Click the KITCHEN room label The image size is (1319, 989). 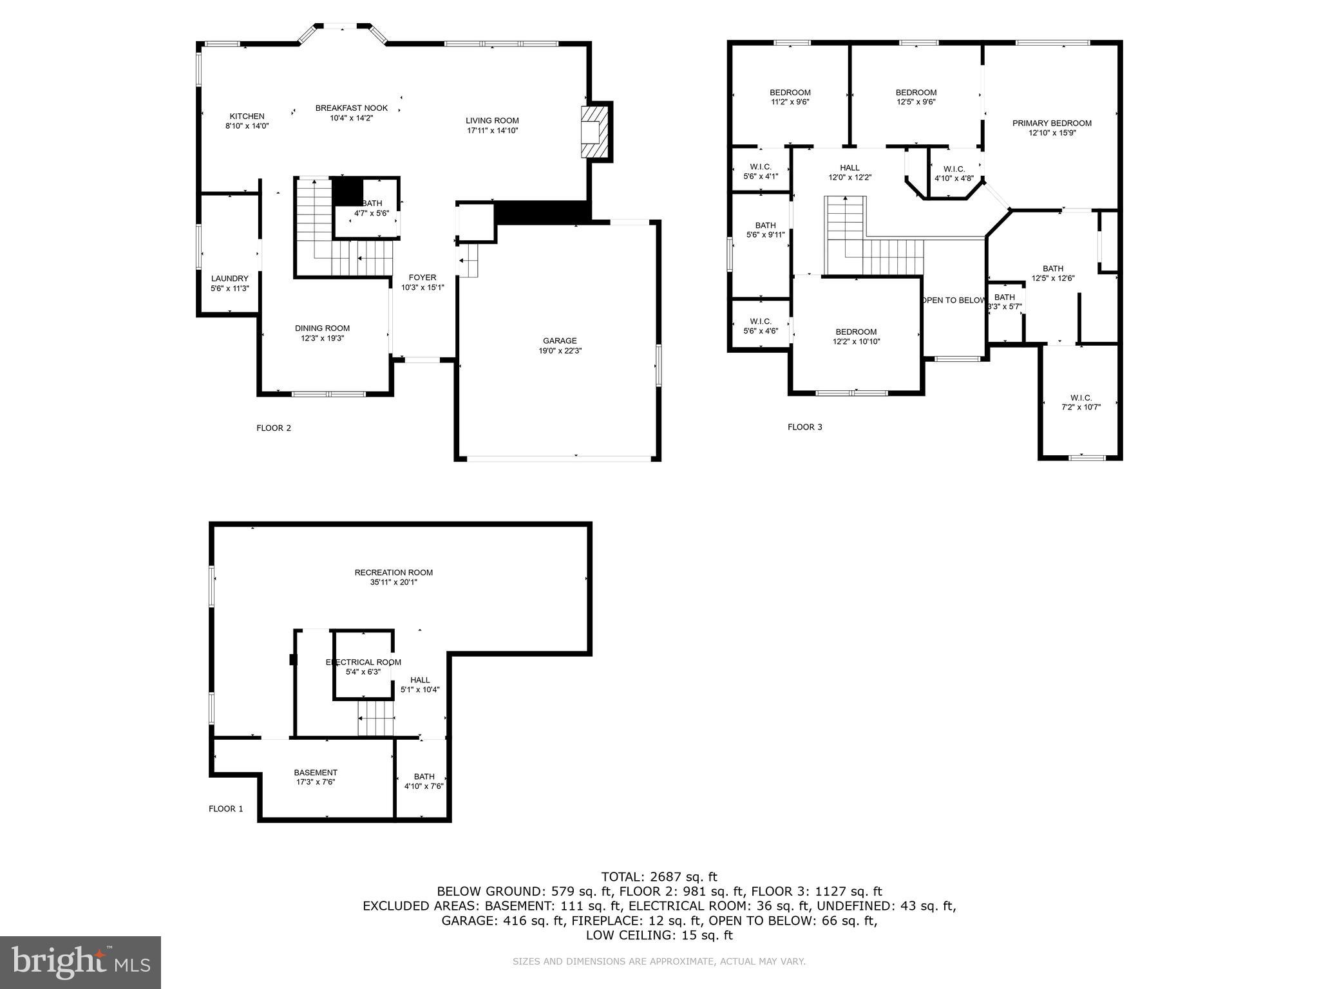(x=247, y=117)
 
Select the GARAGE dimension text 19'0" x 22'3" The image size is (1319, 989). (x=560, y=351)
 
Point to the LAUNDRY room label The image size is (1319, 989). (x=229, y=279)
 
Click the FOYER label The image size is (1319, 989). (x=422, y=278)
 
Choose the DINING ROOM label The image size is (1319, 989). (x=322, y=328)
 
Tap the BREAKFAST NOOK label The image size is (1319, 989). (x=351, y=108)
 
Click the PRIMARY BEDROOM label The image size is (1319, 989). (x=1052, y=124)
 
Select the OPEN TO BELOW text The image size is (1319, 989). (x=953, y=301)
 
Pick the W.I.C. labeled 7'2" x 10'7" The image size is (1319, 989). (x=1081, y=402)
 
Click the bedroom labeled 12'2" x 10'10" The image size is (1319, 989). (x=856, y=337)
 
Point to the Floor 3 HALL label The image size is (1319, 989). (x=849, y=168)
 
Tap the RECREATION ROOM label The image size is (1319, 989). (x=394, y=572)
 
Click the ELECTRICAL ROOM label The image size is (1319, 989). (x=363, y=663)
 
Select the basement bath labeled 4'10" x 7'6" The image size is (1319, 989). (x=424, y=781)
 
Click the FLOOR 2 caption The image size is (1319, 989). (x=274, y=428)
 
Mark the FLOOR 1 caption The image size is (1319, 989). (x=226, y=809)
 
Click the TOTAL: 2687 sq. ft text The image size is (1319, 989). (x=659, y=877)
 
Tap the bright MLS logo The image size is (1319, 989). (x=81, y=962)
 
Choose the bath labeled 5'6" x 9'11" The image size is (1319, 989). (x=765, y=230)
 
